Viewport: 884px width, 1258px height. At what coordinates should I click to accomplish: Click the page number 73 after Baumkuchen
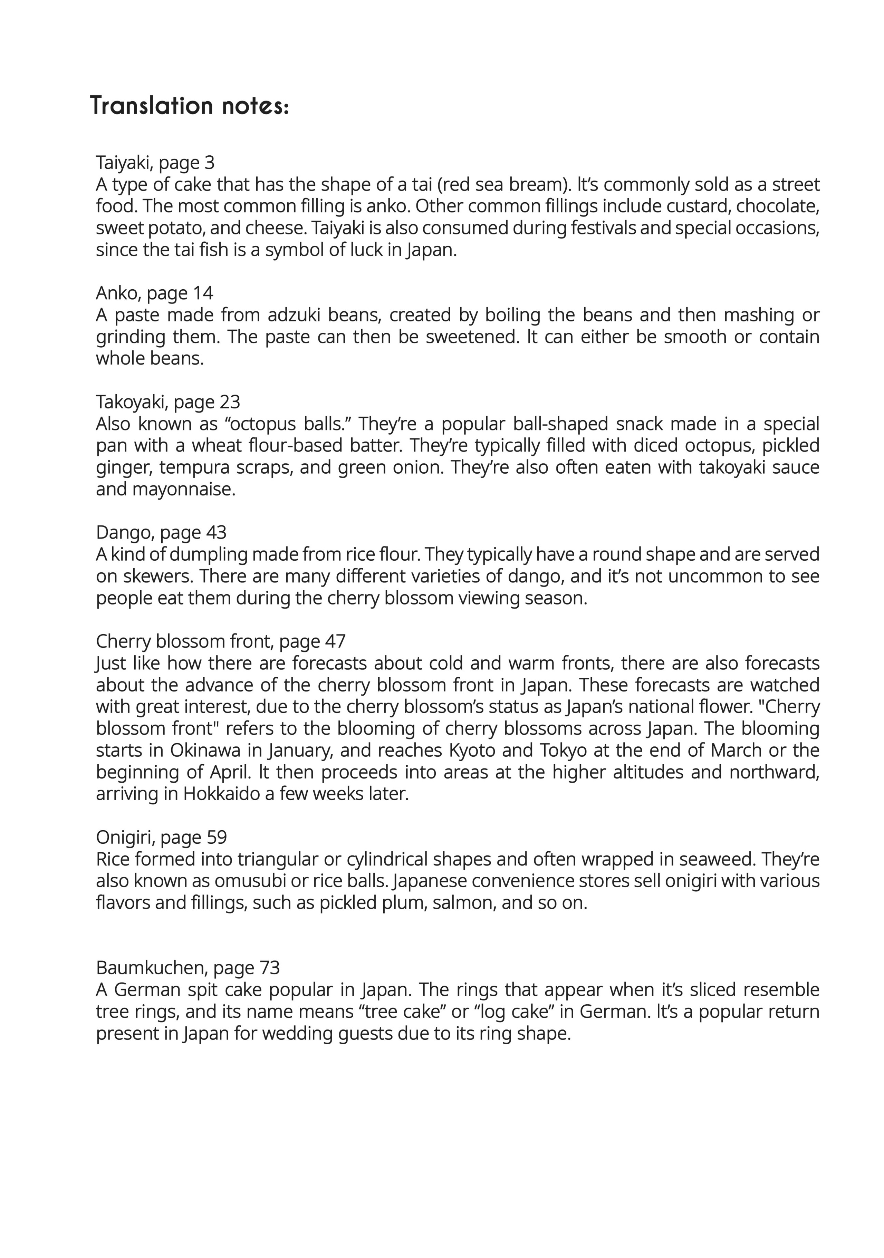click(270, 968)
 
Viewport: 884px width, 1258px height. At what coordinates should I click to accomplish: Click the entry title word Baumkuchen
click(150, 968)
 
